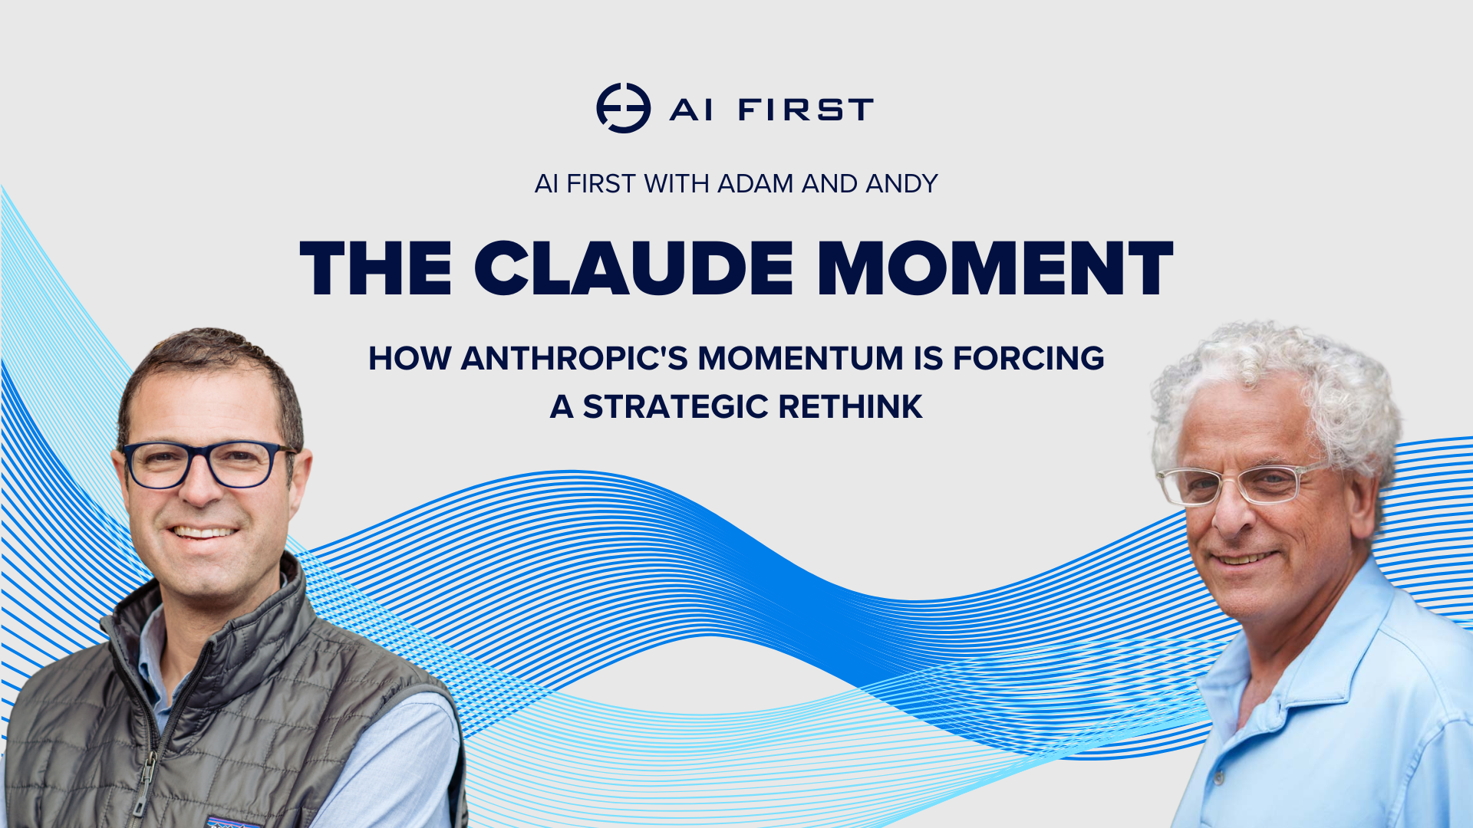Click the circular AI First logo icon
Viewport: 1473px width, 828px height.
coord(623,108)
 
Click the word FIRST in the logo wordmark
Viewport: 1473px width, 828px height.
coord(806,110)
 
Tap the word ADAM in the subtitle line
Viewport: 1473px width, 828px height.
coord(756,184)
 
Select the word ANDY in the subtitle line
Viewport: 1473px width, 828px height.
coord(901,184)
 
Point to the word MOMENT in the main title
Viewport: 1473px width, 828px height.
coord(995,268)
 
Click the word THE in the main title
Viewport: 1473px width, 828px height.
coord(376,268)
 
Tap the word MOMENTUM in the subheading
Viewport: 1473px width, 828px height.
coord(800,359)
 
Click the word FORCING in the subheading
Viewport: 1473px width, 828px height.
coord(1028,359)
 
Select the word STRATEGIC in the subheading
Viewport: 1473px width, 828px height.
coord(675,407)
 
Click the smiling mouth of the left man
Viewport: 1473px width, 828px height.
coord(203,532)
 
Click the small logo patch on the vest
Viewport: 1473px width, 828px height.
coord(230,822)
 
